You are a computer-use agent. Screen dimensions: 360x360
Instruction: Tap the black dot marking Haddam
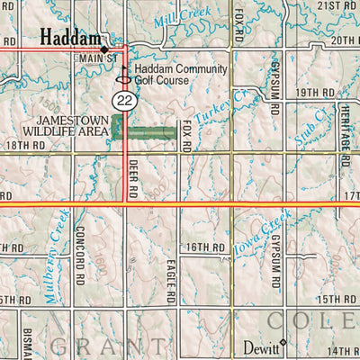104,48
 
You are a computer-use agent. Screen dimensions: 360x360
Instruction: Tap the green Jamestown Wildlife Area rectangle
143,131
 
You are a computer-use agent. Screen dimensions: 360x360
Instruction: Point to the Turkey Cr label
219,109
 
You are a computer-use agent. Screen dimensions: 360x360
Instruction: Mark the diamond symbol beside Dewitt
283,343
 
